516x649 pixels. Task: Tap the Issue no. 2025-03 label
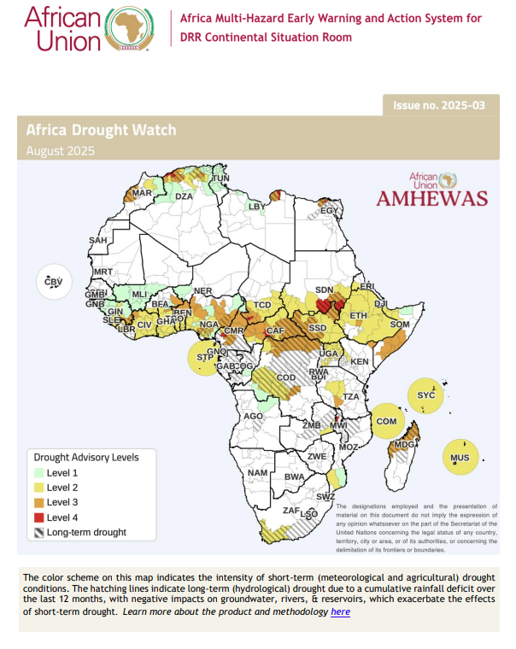tap(438, 105)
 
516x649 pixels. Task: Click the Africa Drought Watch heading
tap(101, 130)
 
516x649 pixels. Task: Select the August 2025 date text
tap(60, 151)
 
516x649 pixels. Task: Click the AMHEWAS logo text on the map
tap(431, 198)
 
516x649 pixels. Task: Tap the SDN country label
tap(325, 290)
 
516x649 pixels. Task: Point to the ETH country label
tap(359, 316)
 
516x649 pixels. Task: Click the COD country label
tap(285, 377)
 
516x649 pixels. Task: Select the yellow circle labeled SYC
tap(426, 395)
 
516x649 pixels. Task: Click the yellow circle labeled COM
tap(386, 421)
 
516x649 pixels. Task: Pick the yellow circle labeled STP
tap(205, 357)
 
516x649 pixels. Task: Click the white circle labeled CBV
tap(54, 282)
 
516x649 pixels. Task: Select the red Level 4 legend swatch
tap(38, 517)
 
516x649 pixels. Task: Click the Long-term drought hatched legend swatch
tap(38, 532)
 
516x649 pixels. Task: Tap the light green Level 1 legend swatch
tap(38, 472)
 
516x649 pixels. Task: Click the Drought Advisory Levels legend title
tap(85, 457)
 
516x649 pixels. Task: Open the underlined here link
tap(340, 611)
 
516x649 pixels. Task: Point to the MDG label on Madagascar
tap(402, 445)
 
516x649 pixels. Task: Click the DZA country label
tap(185, 196)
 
